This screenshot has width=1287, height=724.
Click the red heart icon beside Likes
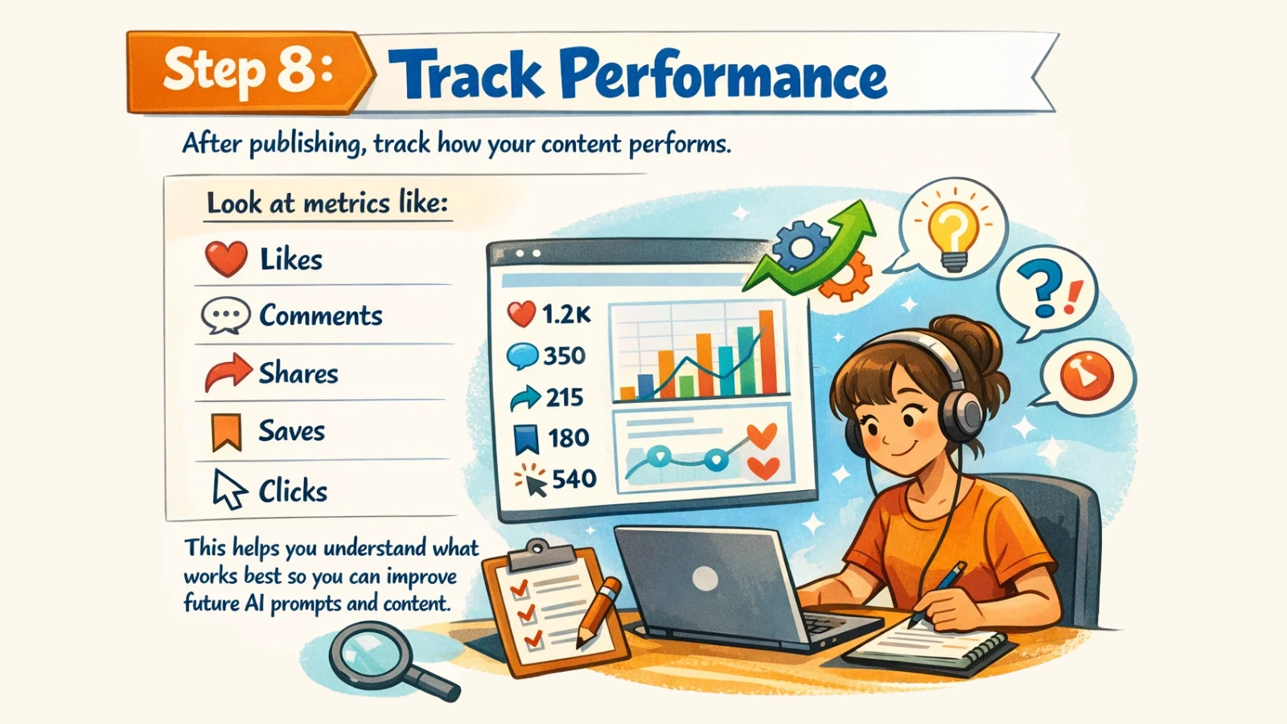(226, 259)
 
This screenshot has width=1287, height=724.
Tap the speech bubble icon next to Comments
(225, 315)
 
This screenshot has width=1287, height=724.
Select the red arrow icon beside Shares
(228, 372)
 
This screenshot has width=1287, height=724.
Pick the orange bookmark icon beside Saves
(226, 431)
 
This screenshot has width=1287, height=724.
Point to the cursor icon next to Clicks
(228, 489)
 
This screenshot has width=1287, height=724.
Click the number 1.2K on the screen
(566, 315)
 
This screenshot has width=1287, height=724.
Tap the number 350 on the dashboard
(564, 356)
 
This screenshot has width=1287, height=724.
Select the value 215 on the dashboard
(564, 397)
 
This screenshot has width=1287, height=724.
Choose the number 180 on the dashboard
(569, 438)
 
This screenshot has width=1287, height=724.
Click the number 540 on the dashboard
(574, 479)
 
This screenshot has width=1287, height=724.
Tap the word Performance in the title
(723, 75)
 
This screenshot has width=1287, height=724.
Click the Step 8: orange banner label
(249, 71)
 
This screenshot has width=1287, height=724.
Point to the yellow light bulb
(952, 230)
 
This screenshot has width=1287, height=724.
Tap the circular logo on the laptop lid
(705, 578)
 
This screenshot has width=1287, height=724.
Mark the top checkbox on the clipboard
(519, 588)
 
